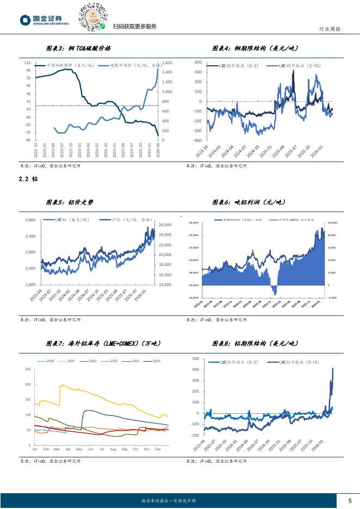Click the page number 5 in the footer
[x=349, y=500]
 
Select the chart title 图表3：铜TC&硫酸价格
[x=78, y=48]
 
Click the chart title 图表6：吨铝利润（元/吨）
[x=249, y=202]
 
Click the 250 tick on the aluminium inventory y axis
[x=27, y=370]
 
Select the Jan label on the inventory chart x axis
[x=35, y=450]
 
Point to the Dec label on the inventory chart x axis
[x=158, y=450]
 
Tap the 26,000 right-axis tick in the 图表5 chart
[x=164, y=225]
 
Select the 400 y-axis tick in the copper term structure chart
[x=198, y=63]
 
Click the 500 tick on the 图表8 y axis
[x=196, y=359]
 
